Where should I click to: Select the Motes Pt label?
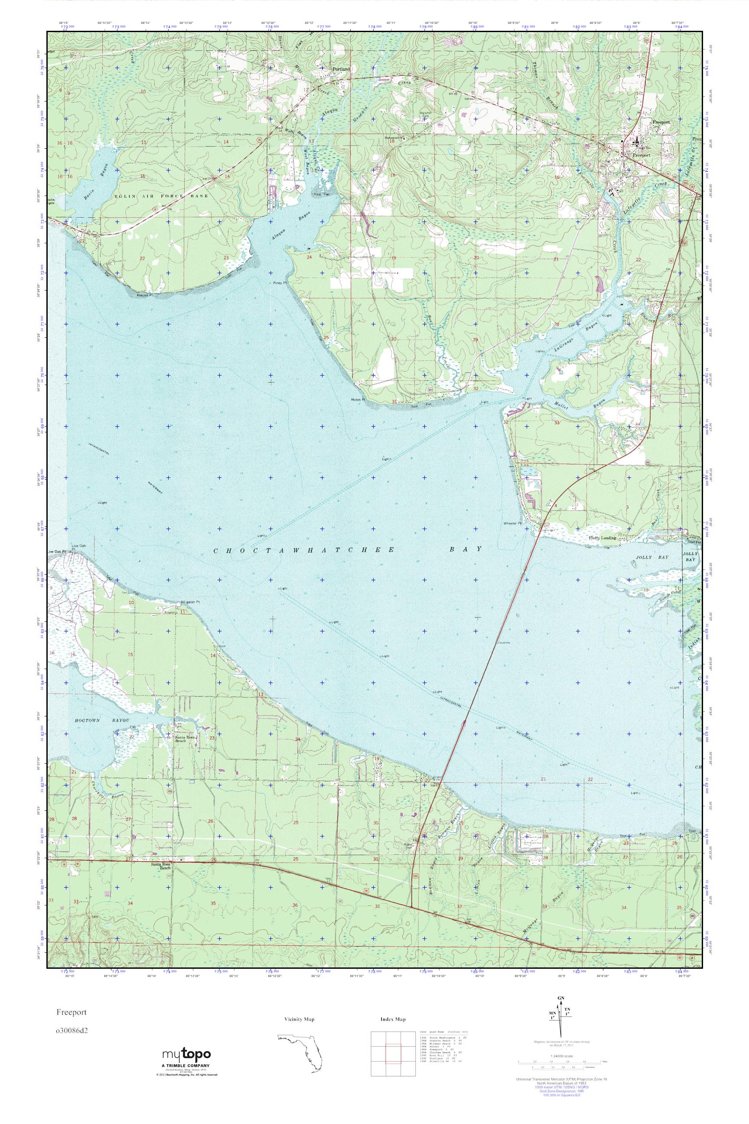pos(358,399)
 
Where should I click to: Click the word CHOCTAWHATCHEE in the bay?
pos(304,550)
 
